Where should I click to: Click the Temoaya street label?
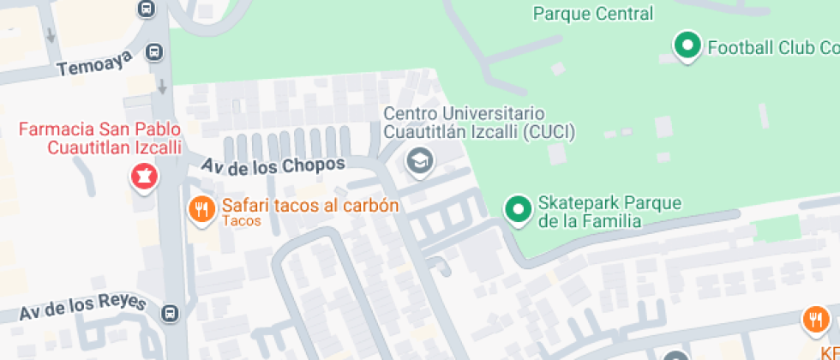click(x=95, y=63)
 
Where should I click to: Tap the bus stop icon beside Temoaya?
click(x=154, y=52)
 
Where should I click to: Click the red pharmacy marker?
click(x=143, y=177)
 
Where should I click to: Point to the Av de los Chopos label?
click(x=273, y=165)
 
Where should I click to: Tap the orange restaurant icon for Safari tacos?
click(x=201, y=208)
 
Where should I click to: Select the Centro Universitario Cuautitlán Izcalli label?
click(x=477, y=123)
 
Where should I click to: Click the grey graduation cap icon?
click(x=419, y=160)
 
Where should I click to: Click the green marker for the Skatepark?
click(x=518, y=208)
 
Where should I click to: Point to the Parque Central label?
click(x=592, y=14)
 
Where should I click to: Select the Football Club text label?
click(x=772, y=48)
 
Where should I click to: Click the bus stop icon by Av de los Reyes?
click(x=171, y=313)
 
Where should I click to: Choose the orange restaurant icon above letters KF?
click(x=816, y=321)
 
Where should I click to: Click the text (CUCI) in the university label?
click(x=546, y=132)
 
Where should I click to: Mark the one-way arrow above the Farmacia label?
click(x=163, y=86)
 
